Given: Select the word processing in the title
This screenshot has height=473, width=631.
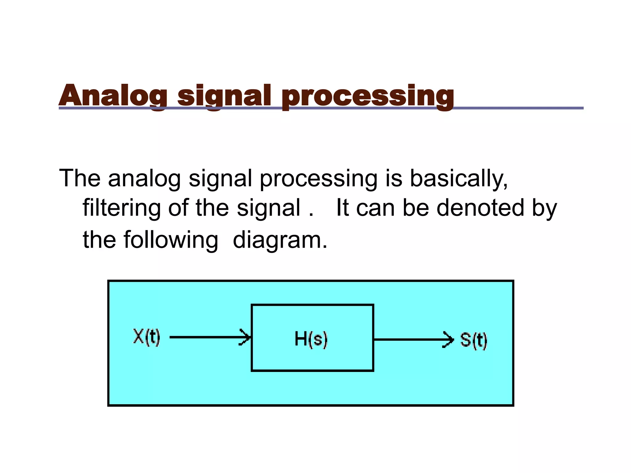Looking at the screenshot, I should [x=367, y=96].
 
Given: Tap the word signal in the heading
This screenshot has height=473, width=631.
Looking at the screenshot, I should [x=224, y=96].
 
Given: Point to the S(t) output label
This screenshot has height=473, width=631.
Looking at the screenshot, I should [x=474, y=341].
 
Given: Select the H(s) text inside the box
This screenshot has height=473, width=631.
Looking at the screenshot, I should [x=311, y=339].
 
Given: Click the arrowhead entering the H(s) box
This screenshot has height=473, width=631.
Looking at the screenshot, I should [x=246, y=338].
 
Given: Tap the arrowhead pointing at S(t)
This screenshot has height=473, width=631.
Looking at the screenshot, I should [x=449, y=340].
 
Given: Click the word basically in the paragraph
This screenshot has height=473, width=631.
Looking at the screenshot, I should [x=458, y=179].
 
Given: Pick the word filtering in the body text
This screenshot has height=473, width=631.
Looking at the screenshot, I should [x=121, y=208].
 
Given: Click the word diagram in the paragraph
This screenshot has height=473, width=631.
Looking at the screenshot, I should [x=279, y=240].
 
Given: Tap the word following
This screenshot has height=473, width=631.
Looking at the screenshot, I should [x=171, y=240].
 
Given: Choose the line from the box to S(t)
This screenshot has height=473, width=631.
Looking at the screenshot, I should [x=407, y=340].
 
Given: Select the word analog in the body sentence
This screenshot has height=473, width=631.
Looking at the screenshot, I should [x=144, y=179].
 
